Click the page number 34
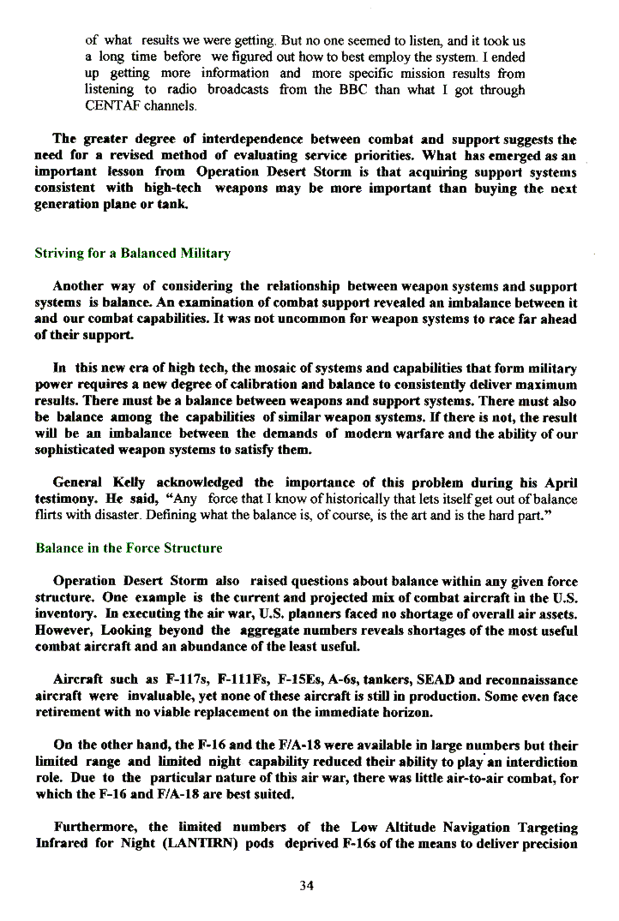click(306, 886)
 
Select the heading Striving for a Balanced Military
click(132, 254)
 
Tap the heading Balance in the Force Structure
click(129, 548)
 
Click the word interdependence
click(255, 139)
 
